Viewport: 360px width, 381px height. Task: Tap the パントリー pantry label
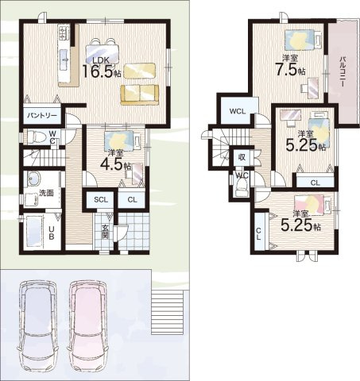42,116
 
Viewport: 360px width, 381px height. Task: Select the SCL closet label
101,200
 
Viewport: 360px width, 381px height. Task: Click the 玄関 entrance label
105,232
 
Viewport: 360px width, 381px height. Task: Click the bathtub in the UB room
33,231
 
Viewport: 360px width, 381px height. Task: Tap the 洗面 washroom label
46,193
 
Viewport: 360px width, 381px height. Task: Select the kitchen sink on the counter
64,60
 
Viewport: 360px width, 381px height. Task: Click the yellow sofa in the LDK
139,95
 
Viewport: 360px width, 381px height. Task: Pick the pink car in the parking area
88,326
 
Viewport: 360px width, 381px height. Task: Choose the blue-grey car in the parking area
37,326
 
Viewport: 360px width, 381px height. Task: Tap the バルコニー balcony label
343,71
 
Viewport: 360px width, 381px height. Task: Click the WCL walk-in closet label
238,111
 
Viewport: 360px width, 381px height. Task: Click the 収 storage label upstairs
242,157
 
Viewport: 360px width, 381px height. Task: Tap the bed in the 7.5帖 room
304,40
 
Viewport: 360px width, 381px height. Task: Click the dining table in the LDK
103,53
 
